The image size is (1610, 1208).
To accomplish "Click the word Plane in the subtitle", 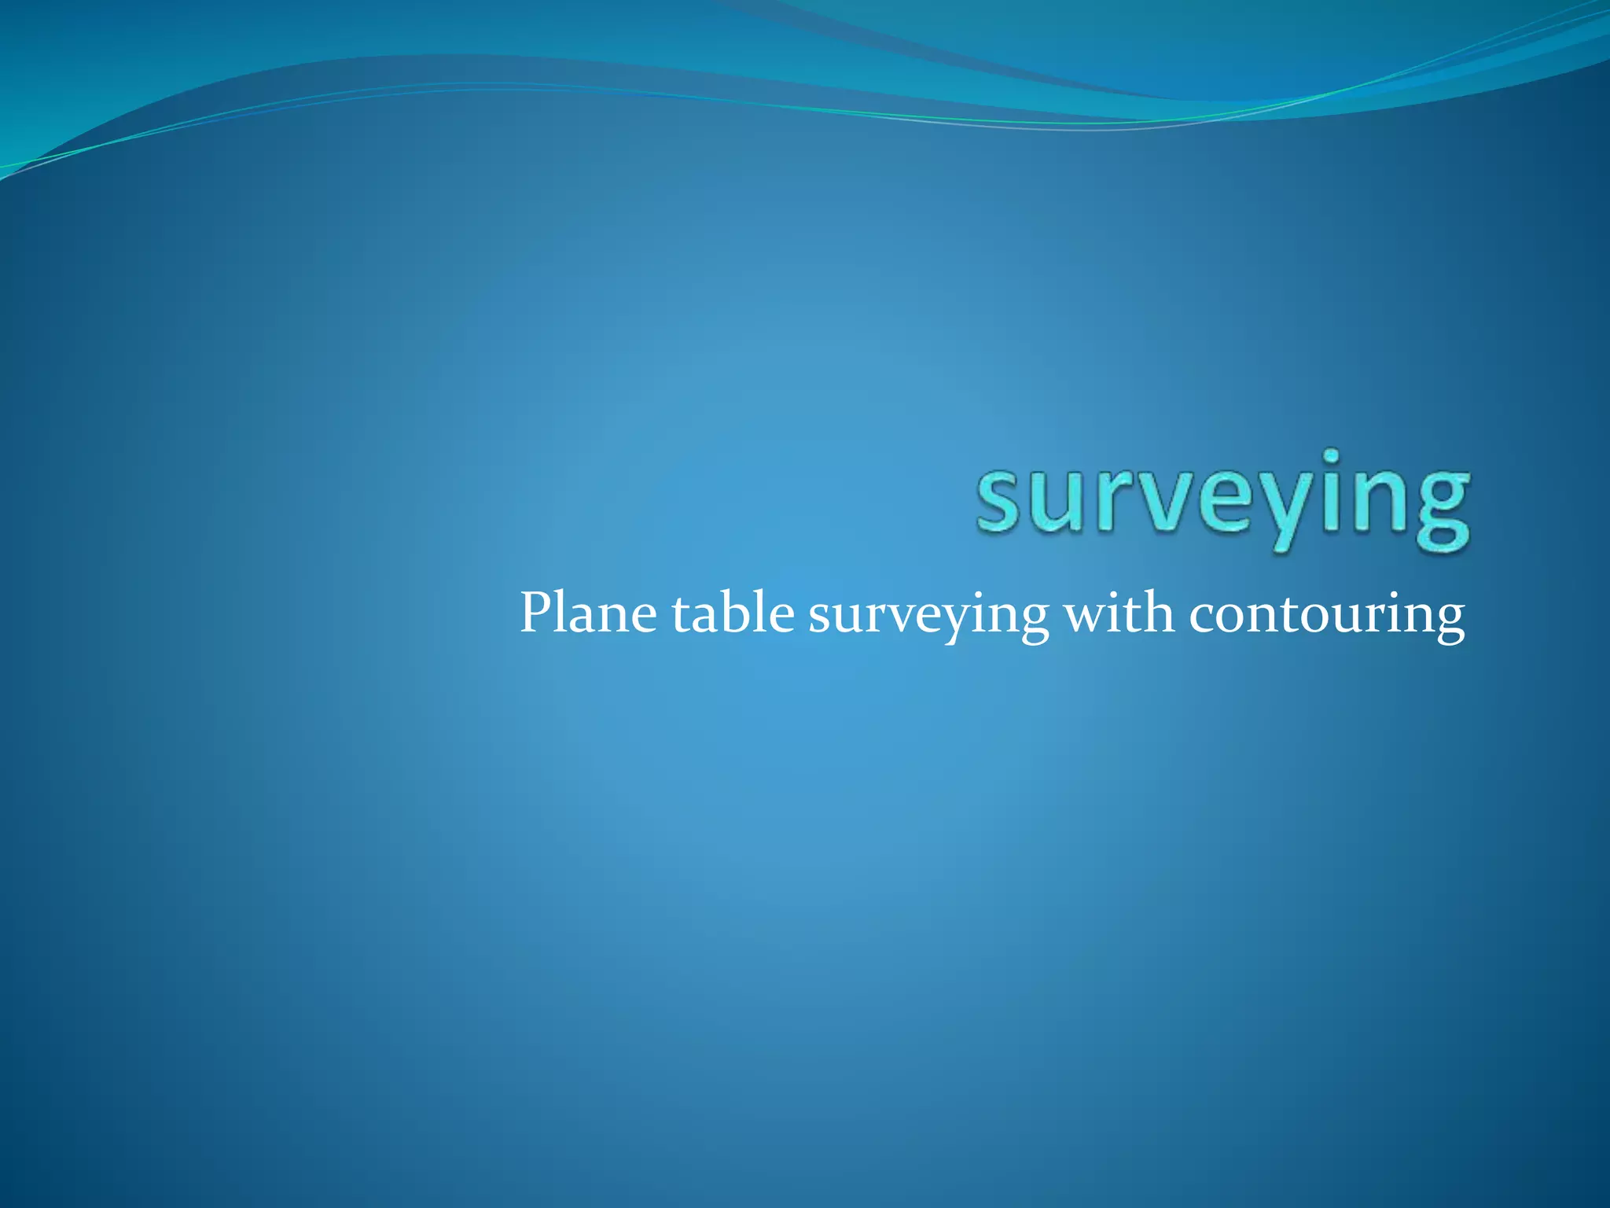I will tap(588, 614).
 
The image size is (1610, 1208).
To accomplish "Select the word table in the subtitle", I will tap(733, 614).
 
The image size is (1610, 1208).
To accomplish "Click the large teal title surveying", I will tap(1222, 500).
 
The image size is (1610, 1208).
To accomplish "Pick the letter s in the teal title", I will tap(999, 503).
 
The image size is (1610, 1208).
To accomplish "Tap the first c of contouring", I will tap(1203, 617).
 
